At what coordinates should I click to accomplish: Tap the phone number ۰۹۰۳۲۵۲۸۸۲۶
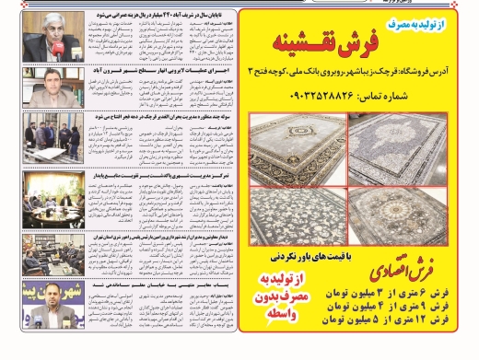tap(356, 97)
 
